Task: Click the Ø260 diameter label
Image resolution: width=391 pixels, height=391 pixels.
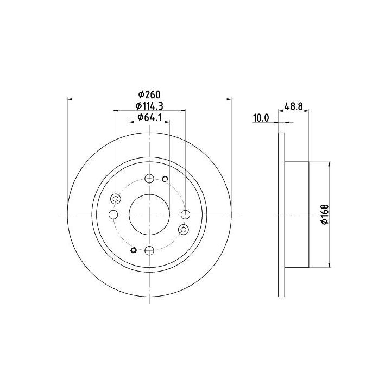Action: (x=149, y=94)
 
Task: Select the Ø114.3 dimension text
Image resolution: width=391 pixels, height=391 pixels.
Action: (x=149, y=106)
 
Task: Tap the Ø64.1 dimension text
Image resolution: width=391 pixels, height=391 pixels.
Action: (x=149, y=117)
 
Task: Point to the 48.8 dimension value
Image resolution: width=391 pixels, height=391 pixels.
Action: (x=293, y=106)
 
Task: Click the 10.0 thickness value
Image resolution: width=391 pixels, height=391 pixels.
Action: (x=261, y=118)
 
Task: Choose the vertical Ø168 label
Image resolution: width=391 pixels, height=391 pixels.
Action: (x=325, y=215)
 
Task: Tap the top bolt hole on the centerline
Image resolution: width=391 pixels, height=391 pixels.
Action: (x=149, y=178)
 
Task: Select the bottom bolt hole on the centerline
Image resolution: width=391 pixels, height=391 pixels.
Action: (x=149, y=250)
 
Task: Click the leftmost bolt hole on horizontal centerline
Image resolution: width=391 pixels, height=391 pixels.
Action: (x=113, y=215)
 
